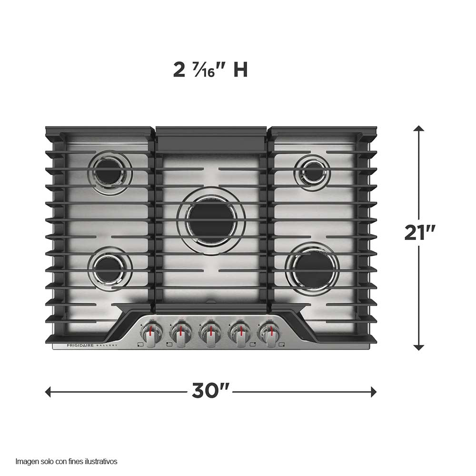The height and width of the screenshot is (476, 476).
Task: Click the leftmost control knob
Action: [x=151, y=332]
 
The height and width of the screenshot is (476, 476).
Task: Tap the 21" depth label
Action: [x=420, y=233]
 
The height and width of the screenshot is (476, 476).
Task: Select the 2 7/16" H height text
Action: [x=210, y=70]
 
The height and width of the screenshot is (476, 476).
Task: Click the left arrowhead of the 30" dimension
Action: [x=48, y=392]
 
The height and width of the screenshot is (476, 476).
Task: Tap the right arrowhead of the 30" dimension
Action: [x=374, y=392]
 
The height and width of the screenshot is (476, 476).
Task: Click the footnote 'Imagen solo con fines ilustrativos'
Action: [x=66, y=461]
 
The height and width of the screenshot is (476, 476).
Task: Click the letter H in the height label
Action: [x=240, y=70]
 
